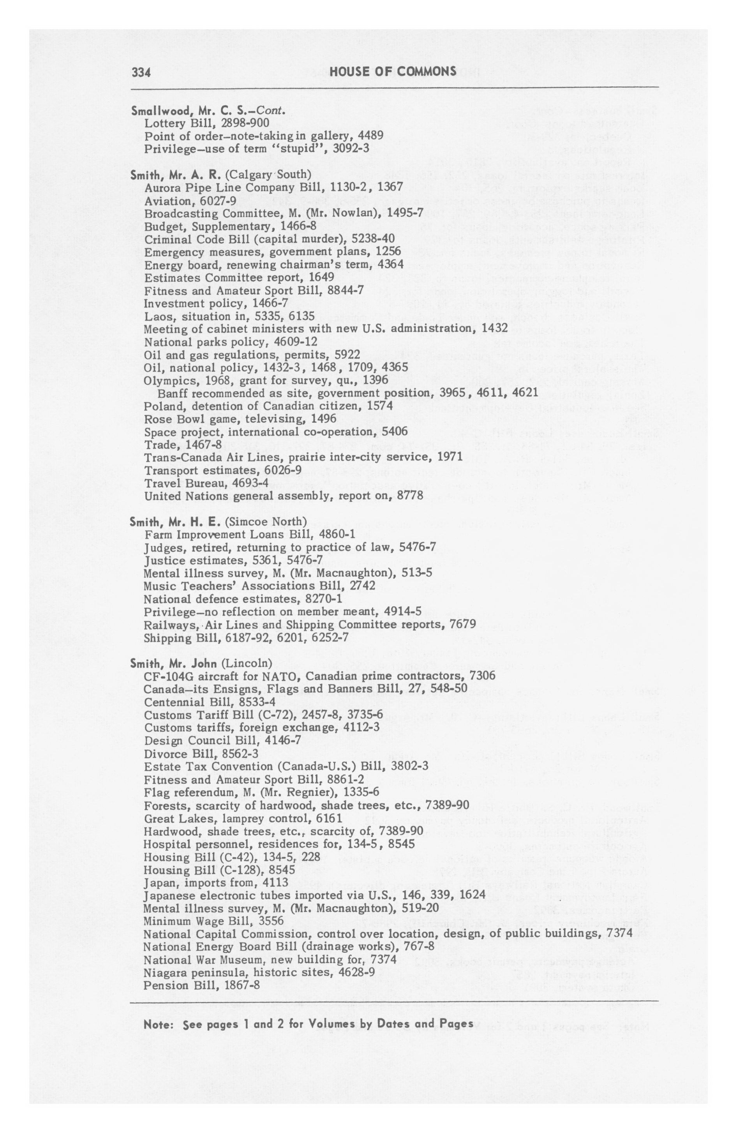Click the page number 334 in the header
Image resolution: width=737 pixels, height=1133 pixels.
[x=141, y=72]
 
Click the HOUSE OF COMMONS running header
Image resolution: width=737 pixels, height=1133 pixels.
[x=393, y=71]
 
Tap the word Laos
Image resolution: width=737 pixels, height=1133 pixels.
[x=156, y=316]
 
